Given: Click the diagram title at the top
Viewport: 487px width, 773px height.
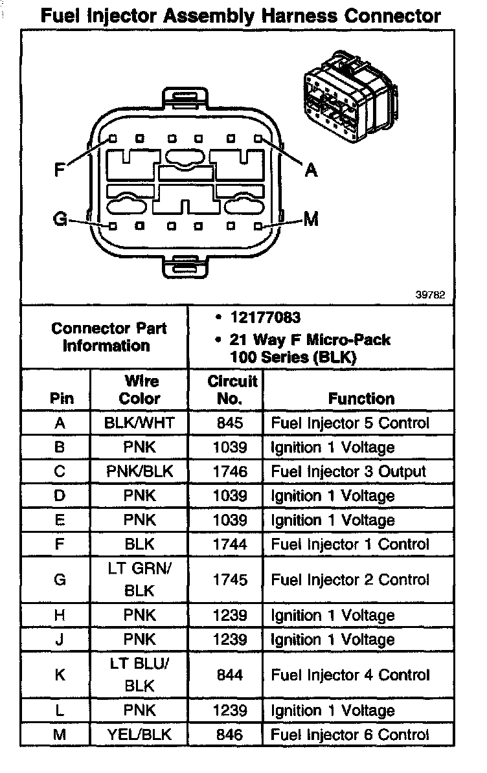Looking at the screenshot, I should pos(241,16).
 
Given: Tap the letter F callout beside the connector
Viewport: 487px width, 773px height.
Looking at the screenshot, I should pos(60,170).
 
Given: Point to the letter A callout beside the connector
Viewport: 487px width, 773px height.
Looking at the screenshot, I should pos(311,170).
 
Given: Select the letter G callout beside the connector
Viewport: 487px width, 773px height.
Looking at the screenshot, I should pos(60,219).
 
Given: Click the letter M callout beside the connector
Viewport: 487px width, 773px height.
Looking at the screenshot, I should pos(311,219).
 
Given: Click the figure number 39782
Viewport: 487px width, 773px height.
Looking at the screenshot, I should pos(430,295).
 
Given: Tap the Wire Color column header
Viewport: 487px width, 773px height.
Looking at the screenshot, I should pos(139,390).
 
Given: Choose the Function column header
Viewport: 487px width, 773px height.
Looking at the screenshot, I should pos(361,399).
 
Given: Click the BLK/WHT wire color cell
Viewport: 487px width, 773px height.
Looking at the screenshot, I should pos(139,423).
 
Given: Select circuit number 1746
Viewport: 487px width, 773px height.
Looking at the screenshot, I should pos(229,471).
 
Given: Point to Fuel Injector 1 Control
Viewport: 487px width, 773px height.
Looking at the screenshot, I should pos(350,544).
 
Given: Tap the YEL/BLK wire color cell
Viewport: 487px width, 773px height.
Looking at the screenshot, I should pos(139,735).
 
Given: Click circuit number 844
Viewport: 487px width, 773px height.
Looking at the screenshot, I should pos(229,675).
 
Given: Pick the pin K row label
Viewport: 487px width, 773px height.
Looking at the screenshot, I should pos(60,675).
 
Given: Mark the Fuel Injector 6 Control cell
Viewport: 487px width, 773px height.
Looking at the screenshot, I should pos(350,735).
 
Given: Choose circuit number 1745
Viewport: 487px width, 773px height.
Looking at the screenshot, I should pos(229,580).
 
